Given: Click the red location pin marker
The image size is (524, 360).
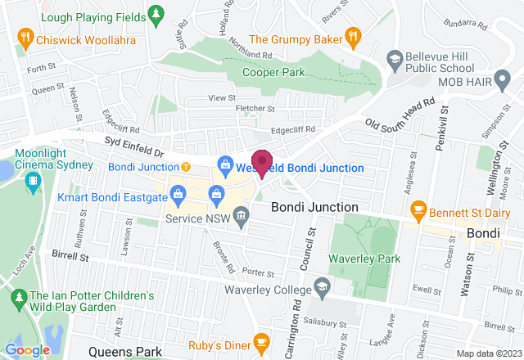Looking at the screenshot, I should [x=262, y=162].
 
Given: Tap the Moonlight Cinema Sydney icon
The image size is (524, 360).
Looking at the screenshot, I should [x=34, y=187].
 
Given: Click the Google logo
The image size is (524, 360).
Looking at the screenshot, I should [x=27, y=349].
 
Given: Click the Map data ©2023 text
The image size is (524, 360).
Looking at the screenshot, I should [x=487, y=353].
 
